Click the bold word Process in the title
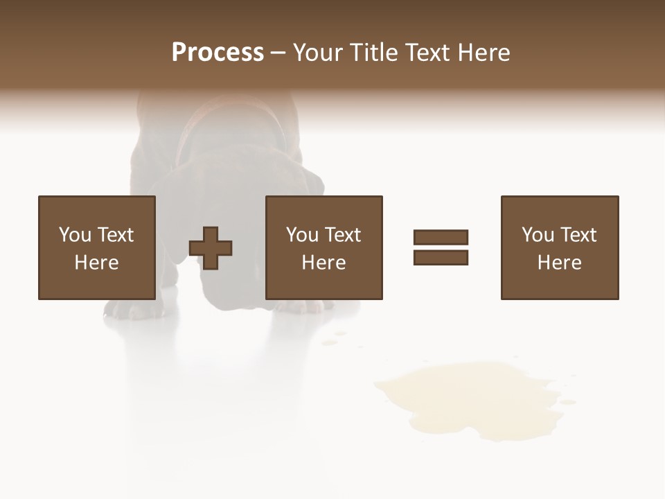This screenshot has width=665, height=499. (218, 53)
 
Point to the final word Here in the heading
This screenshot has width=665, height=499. (484, 53)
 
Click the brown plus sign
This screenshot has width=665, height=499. (211, 248)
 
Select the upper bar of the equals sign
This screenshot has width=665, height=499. (441, 237)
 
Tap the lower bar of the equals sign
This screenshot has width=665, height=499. (441, 257)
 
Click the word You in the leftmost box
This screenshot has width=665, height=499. (75, 235)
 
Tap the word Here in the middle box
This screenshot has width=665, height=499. (323, 263)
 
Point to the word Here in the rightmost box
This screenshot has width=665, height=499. (559, 263)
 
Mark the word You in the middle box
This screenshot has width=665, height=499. (302, 235)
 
